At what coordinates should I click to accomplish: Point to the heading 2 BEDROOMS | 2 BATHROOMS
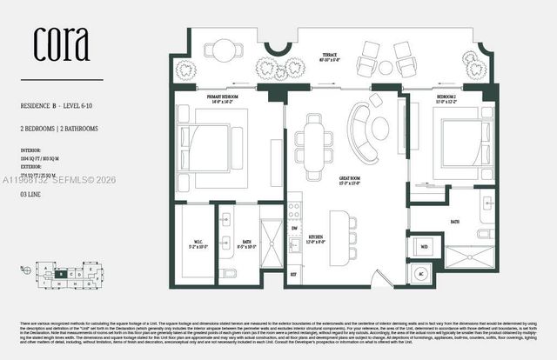click(x=58, y=128)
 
